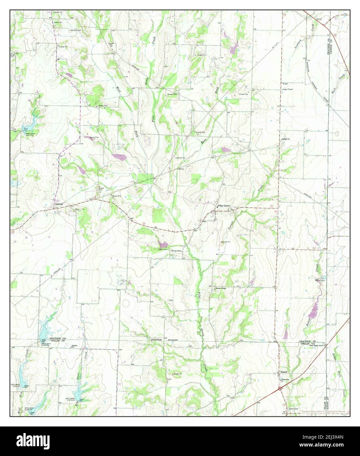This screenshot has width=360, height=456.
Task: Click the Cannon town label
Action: tap(59, 204)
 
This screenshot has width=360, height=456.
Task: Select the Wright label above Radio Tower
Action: tap(285, 84)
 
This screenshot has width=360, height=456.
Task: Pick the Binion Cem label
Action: tap(177, 250)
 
